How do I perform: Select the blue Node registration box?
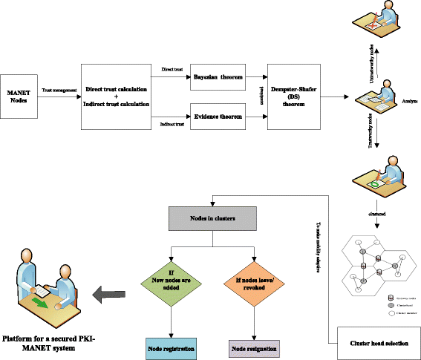(172, 347)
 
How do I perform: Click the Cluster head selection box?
(379, 342)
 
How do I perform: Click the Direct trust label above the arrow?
(172, 69)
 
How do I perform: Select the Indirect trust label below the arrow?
(172, 124)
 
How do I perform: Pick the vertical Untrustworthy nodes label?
(371, 57)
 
